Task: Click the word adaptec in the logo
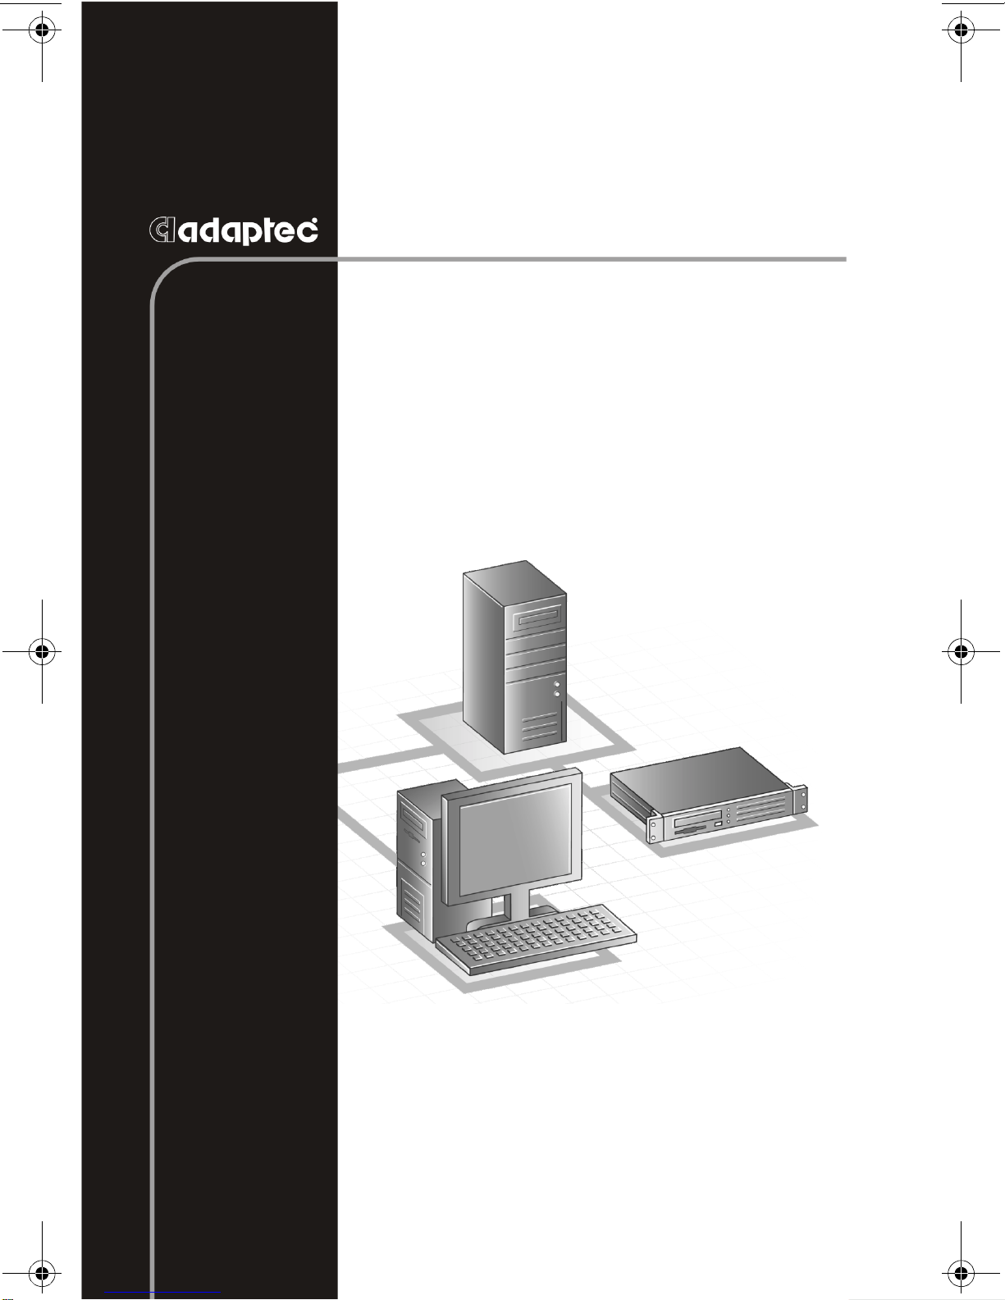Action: [248, 230]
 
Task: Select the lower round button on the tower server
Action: [557, 694]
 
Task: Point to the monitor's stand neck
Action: [518, 903]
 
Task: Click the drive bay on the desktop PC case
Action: [413, 823]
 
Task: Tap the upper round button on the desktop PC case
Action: [423, 855]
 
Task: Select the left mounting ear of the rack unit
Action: [653, 828]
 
